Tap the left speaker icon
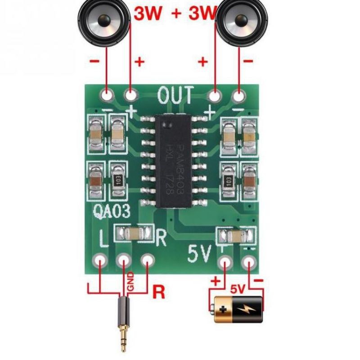click(x=104, y=18)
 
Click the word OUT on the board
click(x=176, y=95)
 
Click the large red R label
click(x=158, y=292)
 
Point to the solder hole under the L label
click(x=100, y=261)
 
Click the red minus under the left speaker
click(x=95, y=62)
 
